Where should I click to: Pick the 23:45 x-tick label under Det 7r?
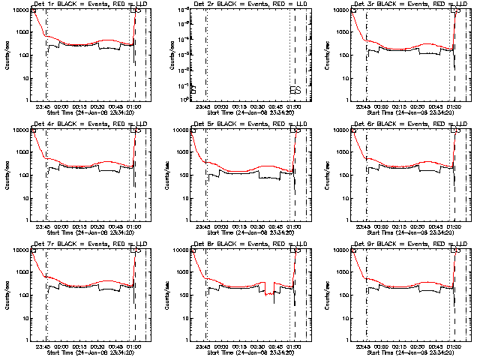(x=43, y=347)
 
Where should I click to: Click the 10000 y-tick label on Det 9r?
(x=341, y=250)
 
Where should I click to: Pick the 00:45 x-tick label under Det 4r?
(x=116, y=227)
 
